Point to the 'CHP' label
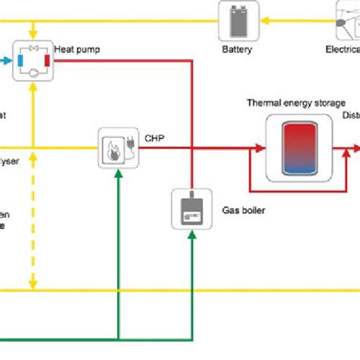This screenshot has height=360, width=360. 156,138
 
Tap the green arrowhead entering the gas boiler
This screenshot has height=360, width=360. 192,234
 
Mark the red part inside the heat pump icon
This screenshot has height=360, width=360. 48,58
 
